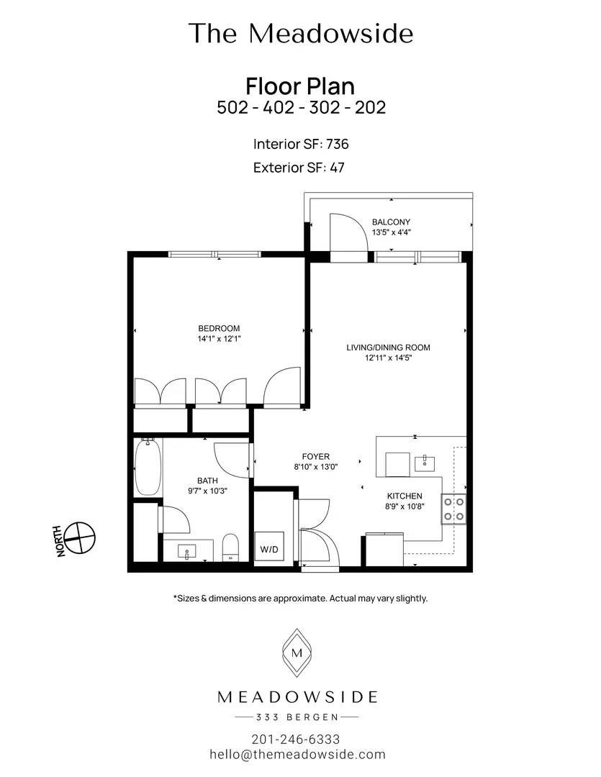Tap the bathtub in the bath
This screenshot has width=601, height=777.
coord(148,467)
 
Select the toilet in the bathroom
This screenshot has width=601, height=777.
coord(230,547)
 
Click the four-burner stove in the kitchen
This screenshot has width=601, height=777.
coord(453,509)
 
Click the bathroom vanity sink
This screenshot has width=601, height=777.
coord(187,552)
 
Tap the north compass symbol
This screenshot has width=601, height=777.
coord(80,537)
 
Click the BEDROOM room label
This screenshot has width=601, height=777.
coord(219,328)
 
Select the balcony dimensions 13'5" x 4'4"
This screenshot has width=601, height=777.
coord(392,232)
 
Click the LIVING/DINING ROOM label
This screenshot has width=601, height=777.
coord(388,347)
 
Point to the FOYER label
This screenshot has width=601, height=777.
coord(316,456)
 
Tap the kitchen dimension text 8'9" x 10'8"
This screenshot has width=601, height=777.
coord(405,506)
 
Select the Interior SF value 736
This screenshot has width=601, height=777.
coord(337,144)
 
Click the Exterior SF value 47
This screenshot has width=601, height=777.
coord(337,168)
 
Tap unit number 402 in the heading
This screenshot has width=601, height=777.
coord(278,107)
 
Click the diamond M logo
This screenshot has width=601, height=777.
coord(297,653)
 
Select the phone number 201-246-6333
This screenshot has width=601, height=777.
coord(296,740)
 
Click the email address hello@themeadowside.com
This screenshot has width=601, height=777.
coord(297,754)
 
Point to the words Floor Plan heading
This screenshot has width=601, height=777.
coord(300,86)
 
